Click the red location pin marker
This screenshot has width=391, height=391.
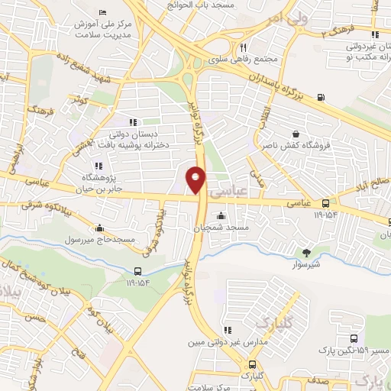pyautogui.click(x=196, y=179)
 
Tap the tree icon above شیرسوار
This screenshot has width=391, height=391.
pyautogui.click(x=308, y=253)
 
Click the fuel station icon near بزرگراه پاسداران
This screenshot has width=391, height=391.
pyautogui.click(x=319, y=96)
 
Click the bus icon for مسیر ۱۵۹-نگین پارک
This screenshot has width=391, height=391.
pyautogui.click(x=353, y=339)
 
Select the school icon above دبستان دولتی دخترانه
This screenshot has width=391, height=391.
pyautogui.click(x=133, y=121)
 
